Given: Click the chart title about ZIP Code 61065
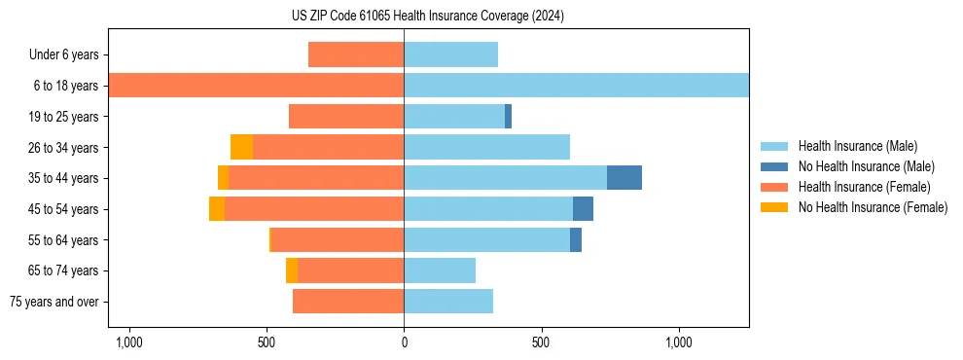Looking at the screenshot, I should pyautogui.click(x=427, y=17).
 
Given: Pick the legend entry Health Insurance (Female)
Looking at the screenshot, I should pyautogui.click(x=865, y=187).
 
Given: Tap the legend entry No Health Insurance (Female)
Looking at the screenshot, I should pyautogui.click(x=873, y=207).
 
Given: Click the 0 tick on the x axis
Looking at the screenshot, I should pyautogui.click(x=404, y=342).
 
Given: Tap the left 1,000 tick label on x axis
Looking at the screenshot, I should pyautogui.click(x=128, y=342).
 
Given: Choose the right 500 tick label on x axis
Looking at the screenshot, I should pyautogui.click(x=541, y=342).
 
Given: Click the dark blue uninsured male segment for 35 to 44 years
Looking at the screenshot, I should pyautogui.click(x=624, y=178).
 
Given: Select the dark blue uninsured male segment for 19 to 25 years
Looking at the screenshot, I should pyautogui.click(x=508, y=117).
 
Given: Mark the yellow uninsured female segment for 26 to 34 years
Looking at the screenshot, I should pyautogui.click(x=241, y=147).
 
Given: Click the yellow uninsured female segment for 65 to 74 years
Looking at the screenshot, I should pyautogui.click(x=292, y=270).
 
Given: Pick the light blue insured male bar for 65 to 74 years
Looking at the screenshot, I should pyautogui.click(x=440, y=270).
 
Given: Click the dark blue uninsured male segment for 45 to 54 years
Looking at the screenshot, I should pyautogui.click(x=583, y=208).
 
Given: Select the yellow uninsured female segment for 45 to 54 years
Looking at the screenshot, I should pyautogui.click(x=217, y=208).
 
